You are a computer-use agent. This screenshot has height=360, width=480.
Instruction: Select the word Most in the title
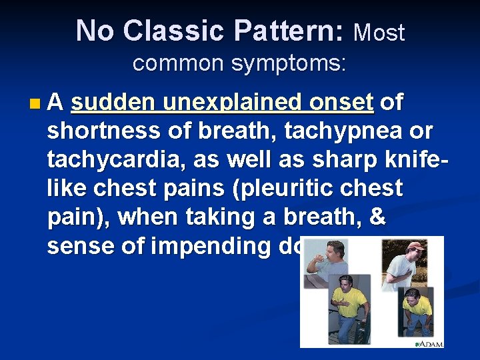(379, 32)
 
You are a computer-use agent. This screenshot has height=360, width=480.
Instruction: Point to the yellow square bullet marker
(35, 104)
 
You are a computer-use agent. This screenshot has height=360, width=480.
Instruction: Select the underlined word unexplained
(225, 103)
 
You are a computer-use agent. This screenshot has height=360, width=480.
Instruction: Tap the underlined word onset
(342, 103)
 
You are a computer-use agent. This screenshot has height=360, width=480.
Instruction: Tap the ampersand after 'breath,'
(377, 217)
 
